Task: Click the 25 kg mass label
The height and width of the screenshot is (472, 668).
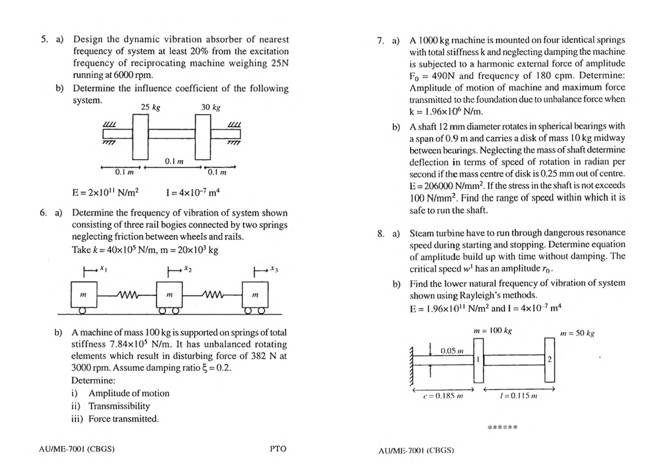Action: [x=150, y=108]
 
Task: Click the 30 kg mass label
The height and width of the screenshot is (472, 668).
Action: [x=210, y=108]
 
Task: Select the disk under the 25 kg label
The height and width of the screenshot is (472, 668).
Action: [x=140, y=137]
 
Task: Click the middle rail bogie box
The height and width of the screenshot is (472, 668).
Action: [x=169, y=295]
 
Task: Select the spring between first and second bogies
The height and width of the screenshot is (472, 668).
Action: [x=127, y=295]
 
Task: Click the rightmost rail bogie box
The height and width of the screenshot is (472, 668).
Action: [x=255, y=295]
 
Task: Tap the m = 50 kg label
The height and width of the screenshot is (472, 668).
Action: [x=577, y=333]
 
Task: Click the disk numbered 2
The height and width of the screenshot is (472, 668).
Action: [x=550, y=360]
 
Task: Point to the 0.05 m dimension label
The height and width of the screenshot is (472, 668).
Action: [x=452, y=351]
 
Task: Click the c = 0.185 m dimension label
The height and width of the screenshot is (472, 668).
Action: [x=442, y=395]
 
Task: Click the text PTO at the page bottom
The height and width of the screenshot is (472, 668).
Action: [x=278, y=449]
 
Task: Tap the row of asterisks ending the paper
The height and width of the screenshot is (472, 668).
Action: [x=502, y=427]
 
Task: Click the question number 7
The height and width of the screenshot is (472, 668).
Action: [x=380, y=41]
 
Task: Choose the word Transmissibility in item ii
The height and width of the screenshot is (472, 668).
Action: [x=119, y=406]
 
